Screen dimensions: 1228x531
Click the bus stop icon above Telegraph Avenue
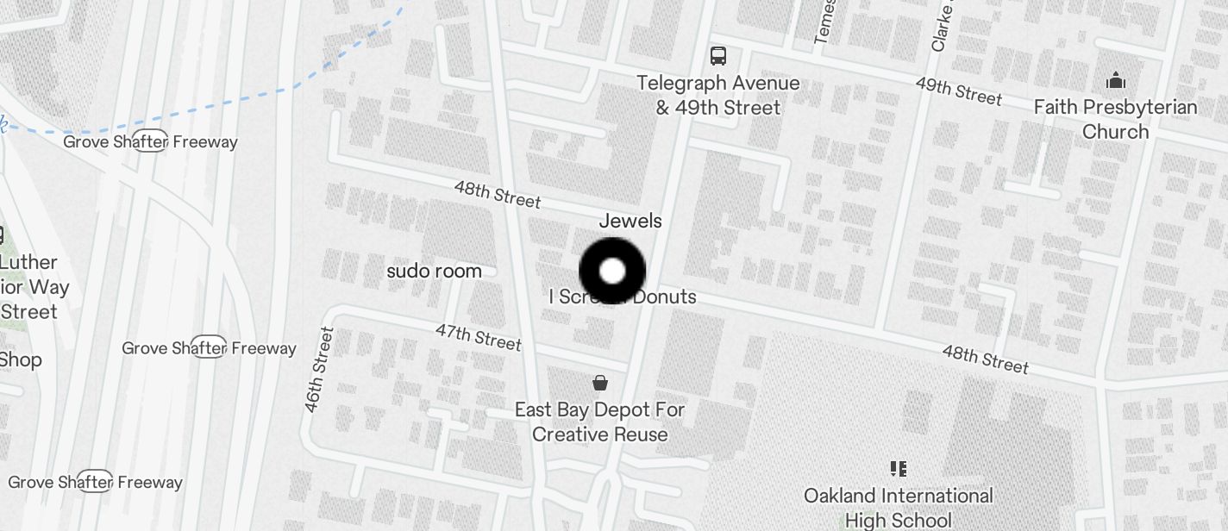coord(717,56)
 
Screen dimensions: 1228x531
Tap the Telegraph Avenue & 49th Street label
coord(717,96)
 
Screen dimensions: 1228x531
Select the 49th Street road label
coord(958,91)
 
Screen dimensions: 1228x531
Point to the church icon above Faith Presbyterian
coord(1116,81)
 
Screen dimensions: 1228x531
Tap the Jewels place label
coord(630,221)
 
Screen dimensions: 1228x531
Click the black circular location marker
coord(612,272)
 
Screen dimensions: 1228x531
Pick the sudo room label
coord(434,271)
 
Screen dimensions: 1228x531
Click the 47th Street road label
coord(479,337)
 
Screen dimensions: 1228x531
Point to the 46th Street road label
coord(316,369)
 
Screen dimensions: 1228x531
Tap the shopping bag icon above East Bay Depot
coord(599,382)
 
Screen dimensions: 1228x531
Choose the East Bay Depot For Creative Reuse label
coord(599,422)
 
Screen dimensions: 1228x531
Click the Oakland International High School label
coord(898,508)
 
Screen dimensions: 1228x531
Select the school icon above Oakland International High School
coord(898,469)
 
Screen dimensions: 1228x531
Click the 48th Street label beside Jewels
coord(498,195)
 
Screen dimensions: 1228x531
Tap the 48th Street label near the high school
coord(985,359)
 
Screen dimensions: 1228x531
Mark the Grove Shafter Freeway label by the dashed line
coord(150,141)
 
